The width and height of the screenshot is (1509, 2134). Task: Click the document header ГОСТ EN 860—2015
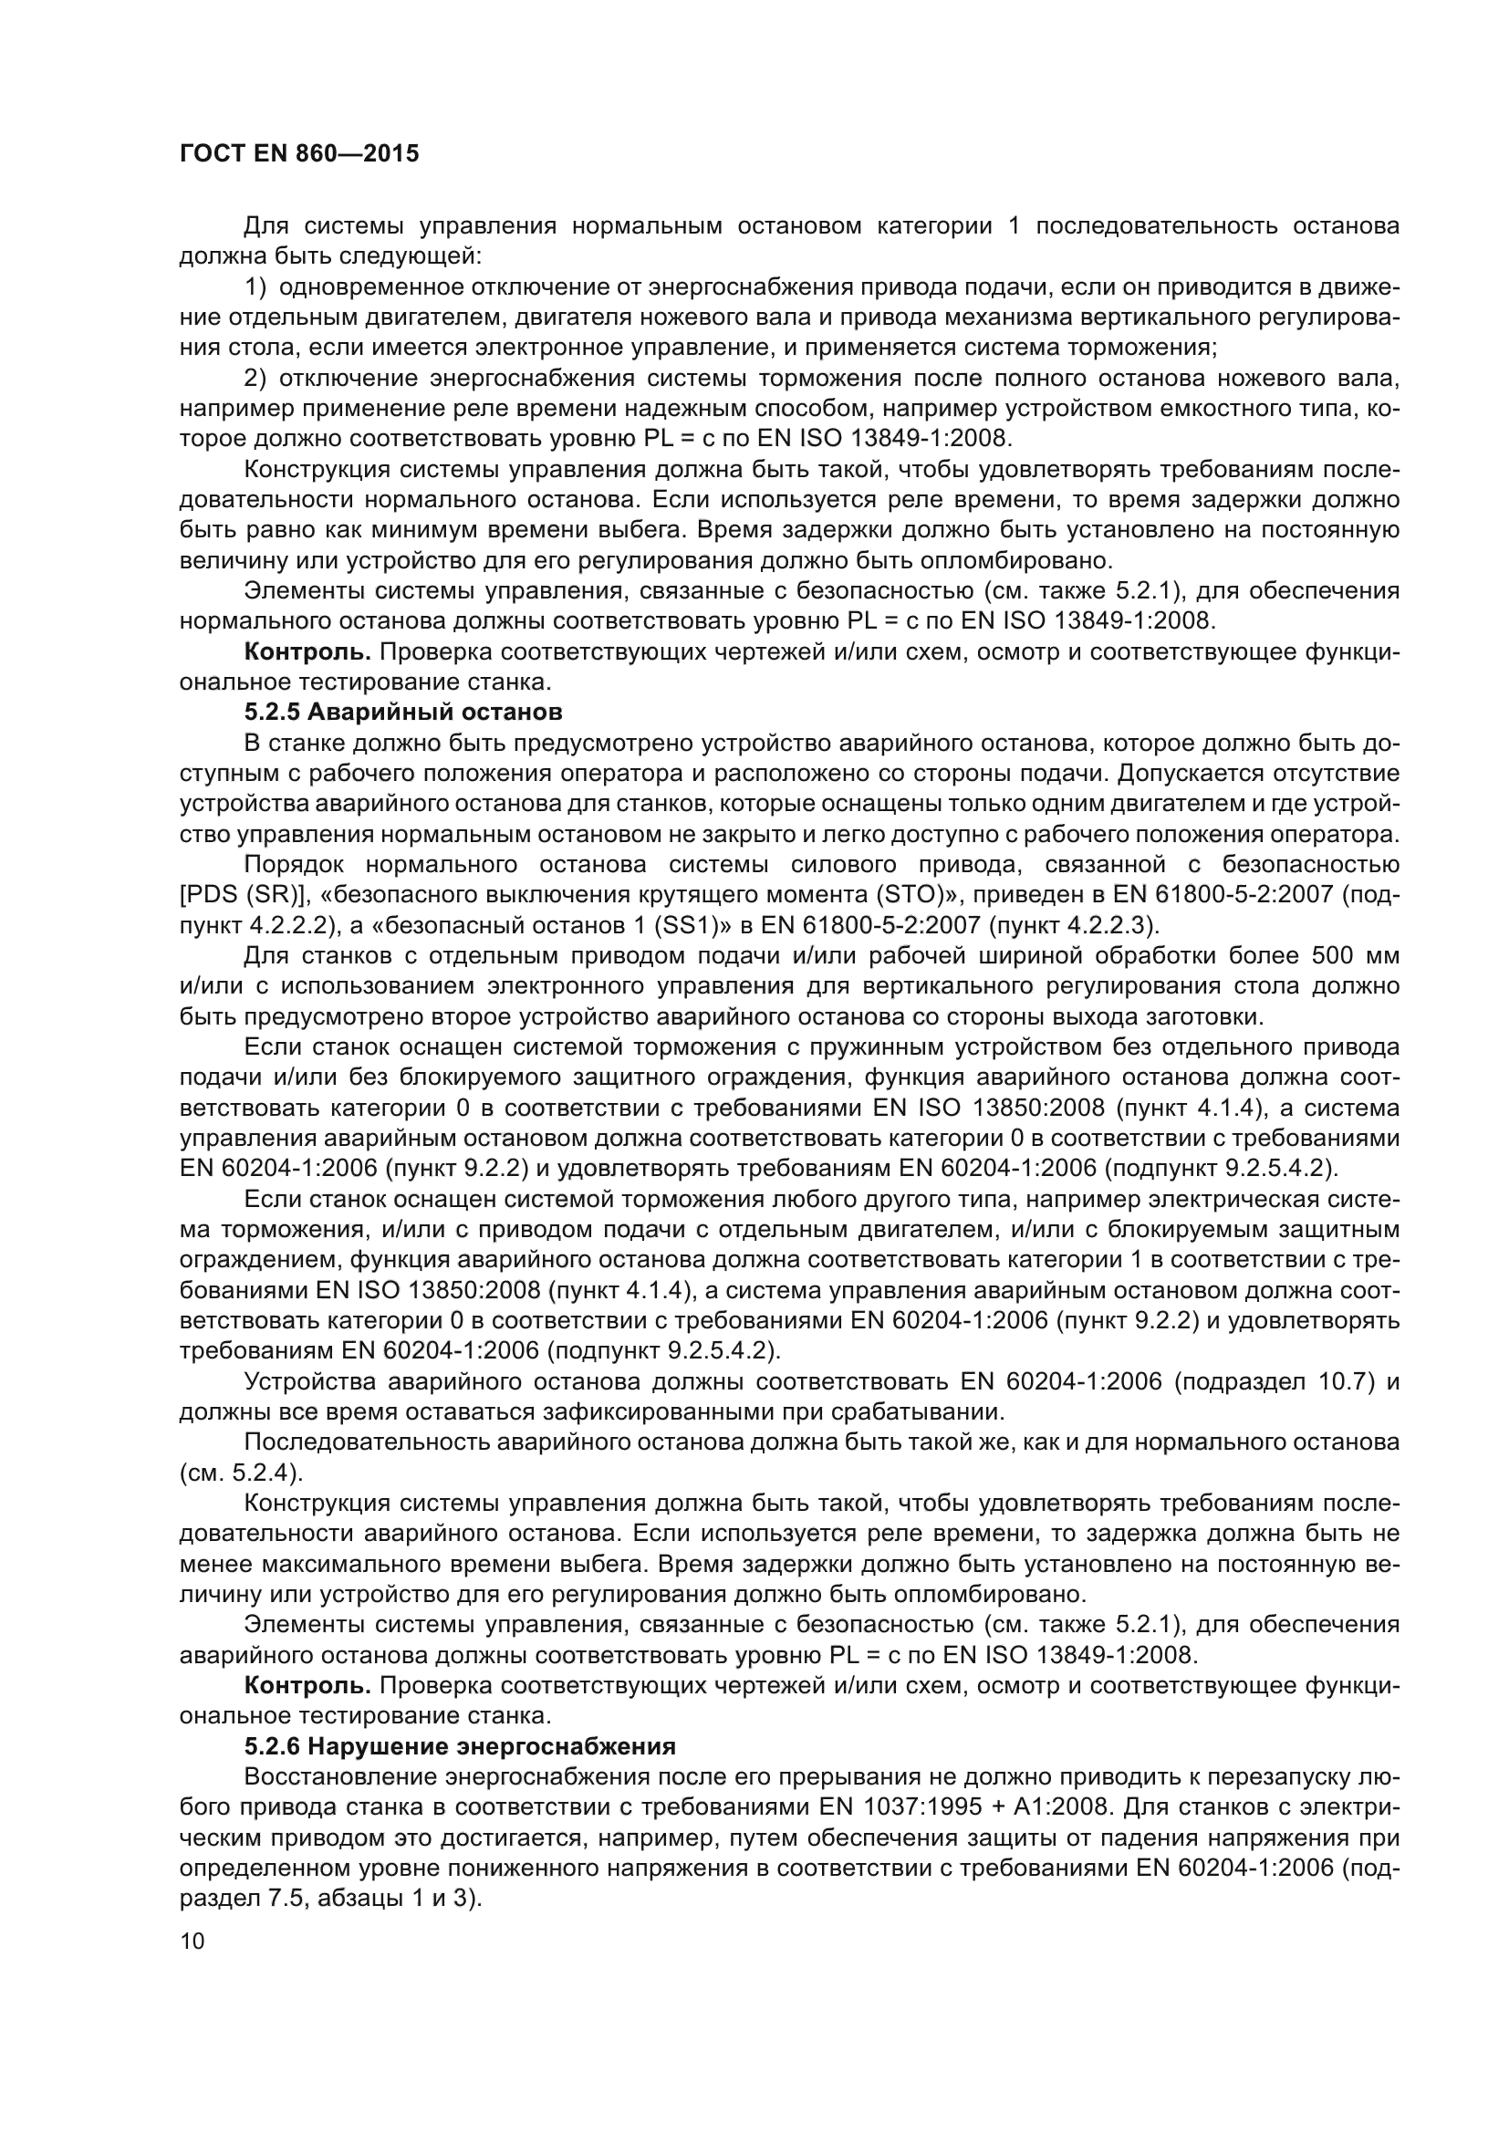(x=298, y=153)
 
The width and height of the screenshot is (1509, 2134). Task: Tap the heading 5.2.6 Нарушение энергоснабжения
(x=459, y=1746)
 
